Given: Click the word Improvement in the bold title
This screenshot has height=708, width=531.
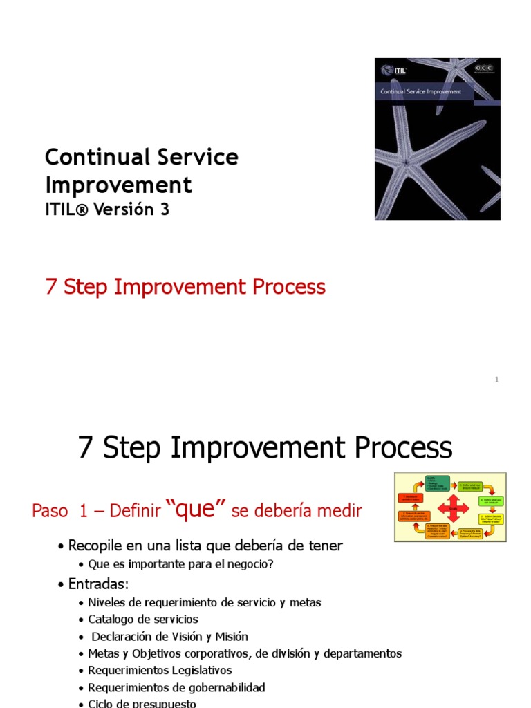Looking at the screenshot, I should click(118, 185).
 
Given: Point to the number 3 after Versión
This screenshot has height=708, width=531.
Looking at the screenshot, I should click(165, 209).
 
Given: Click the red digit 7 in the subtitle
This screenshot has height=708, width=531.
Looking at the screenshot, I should click(50, 287).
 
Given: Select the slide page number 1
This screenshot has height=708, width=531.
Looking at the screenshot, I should click(496, 380).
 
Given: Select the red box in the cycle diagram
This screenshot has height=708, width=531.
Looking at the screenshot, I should click(410, 498).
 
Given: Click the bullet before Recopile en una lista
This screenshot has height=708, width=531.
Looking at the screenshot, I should click(62, 546).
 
